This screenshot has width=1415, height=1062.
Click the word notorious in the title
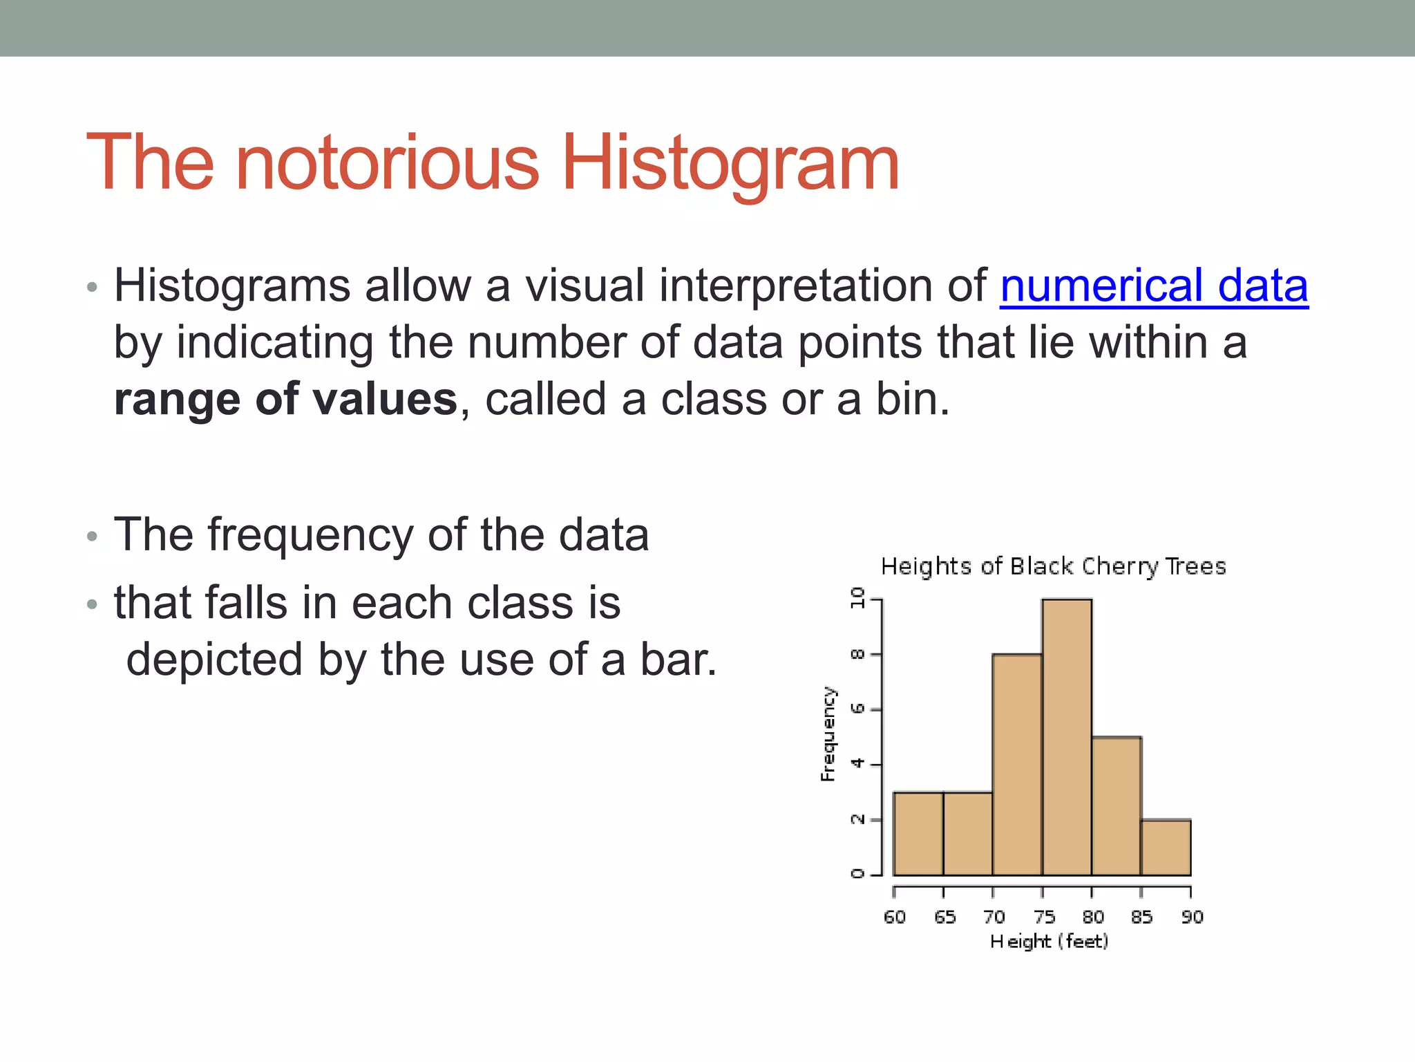pyautogui.click(x=387, y=163)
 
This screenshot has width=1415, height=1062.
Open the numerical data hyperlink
pyautogui.click(x=1153, y=286)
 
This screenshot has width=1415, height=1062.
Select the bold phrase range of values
pyautogui.click(x=285, y=400)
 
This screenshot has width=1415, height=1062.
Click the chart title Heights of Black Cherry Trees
pyautogui.click(x=1053, y=566)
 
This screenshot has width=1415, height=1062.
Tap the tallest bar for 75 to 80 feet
pyautogui.click(x=1067, y=737)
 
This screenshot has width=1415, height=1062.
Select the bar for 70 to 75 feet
pyautogui.click(x=1017, y=765)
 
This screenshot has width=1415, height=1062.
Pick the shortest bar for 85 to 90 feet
pyautogui.click(x=1166, y=848)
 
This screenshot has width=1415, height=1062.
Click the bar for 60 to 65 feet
pyautogui.click(x=918, y=834)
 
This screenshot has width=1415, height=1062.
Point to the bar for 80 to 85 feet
pyautogui.click(x=1116, y=806)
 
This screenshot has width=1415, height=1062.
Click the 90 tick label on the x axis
pyautogui.click(x=1192, y=917)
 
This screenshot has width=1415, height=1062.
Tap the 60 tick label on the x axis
pyautogui.click(x=894, y=917)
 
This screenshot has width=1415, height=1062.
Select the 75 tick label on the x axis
pyautogui.click(x=1044, y=917)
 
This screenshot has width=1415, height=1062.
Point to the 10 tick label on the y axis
pyautogui.click(x=857, y=597)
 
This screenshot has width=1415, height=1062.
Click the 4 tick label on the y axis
pyautogui.click(x=857, y=763)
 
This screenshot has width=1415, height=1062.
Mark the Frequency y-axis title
pyautogui.click(x=828, y=734)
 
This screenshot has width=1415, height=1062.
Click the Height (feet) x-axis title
pyautogui.click(x=1049, y=941)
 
